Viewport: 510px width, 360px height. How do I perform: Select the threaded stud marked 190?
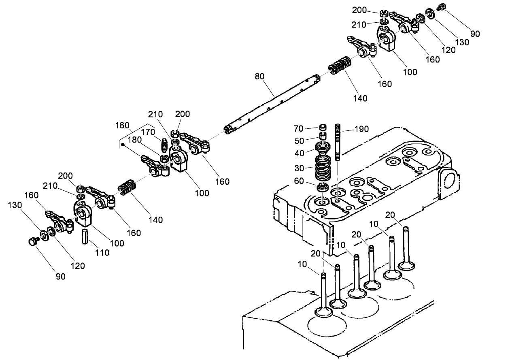click(x=338, y=142)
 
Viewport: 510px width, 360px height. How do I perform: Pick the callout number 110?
click(x=102, y=252)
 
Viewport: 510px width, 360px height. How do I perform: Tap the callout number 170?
click(x=148, y=132)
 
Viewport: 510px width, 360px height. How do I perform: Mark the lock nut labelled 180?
click(x=164, y=158)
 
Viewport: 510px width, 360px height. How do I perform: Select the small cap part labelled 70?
click(x=323, y=128)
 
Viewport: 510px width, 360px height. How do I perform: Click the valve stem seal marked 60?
click(x=323, y=187)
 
